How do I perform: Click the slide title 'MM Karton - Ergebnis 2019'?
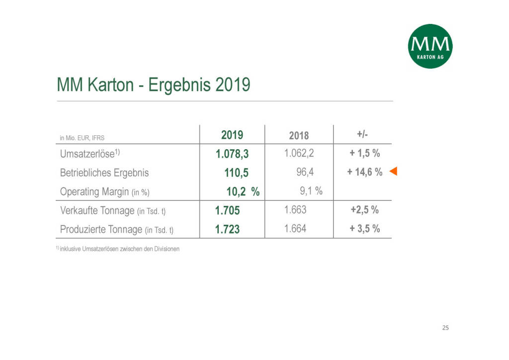pyautogui.click(x=154, y=85)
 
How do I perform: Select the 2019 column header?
pyautogui.click(x=232, y=135)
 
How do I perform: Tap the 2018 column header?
pyautogui.click(x=299, y=135)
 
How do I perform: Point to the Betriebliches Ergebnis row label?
pyautogui.click(x=104, y=173)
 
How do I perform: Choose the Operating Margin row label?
pyautogui.click(x=105, y=191)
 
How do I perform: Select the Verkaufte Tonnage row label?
pyautogui.click(x=113, y=210)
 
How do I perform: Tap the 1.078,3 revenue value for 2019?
pyautogui.click(x=232, y=154)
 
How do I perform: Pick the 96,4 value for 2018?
pyautogui.click(x=305, y=173)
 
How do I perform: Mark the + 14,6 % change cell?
pyautogui.click(x=365, y=173)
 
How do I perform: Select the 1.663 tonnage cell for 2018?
pyautogui.click(x=295, y=210)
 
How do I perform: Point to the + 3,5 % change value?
pyautogui.click(x=365, y=229)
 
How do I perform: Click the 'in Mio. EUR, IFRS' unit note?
pyautogui.click(x=82, y=138)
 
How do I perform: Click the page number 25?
pyautogui.click(x=445, y=328)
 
